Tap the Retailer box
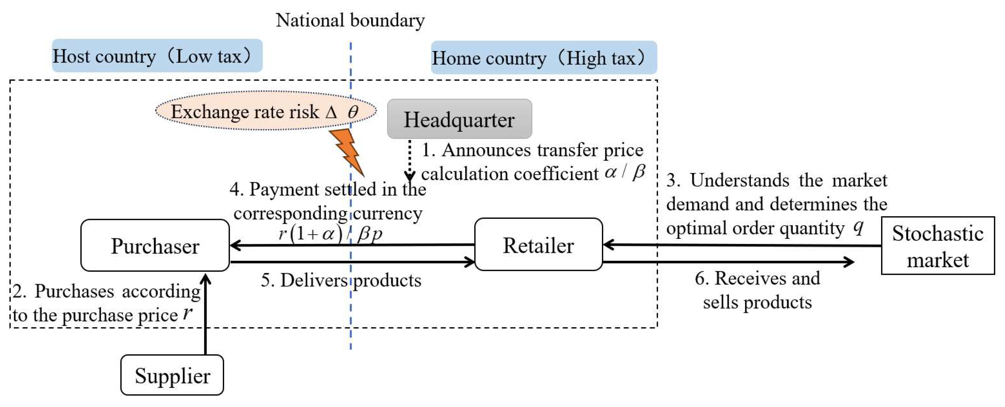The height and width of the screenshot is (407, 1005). pyautogui.click(x=538, y=245)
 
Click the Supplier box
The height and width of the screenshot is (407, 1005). pyautogui.click(x=172, y=375)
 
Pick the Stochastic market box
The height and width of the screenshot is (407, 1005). pyautogui.click(x=937, y=246)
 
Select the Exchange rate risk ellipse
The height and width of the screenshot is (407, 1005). pyautogui.click(x=265, y=111)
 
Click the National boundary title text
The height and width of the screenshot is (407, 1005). pyautogui.click(x=350, y=20)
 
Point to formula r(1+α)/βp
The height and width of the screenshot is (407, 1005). pyautogui.click(x=330, y=234)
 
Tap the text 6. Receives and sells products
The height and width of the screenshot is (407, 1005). pyautogui.click(x=757, y=290)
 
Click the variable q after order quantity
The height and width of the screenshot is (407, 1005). pyautogui.click(x=858, y=226)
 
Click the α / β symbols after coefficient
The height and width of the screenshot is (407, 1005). pyautogui.click(x=625, y=172)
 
